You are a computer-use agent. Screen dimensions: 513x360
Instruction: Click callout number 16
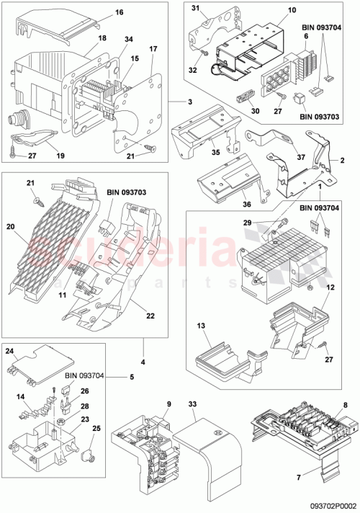click(119, 13)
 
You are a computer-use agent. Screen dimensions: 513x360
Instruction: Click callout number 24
click(11, 352)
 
